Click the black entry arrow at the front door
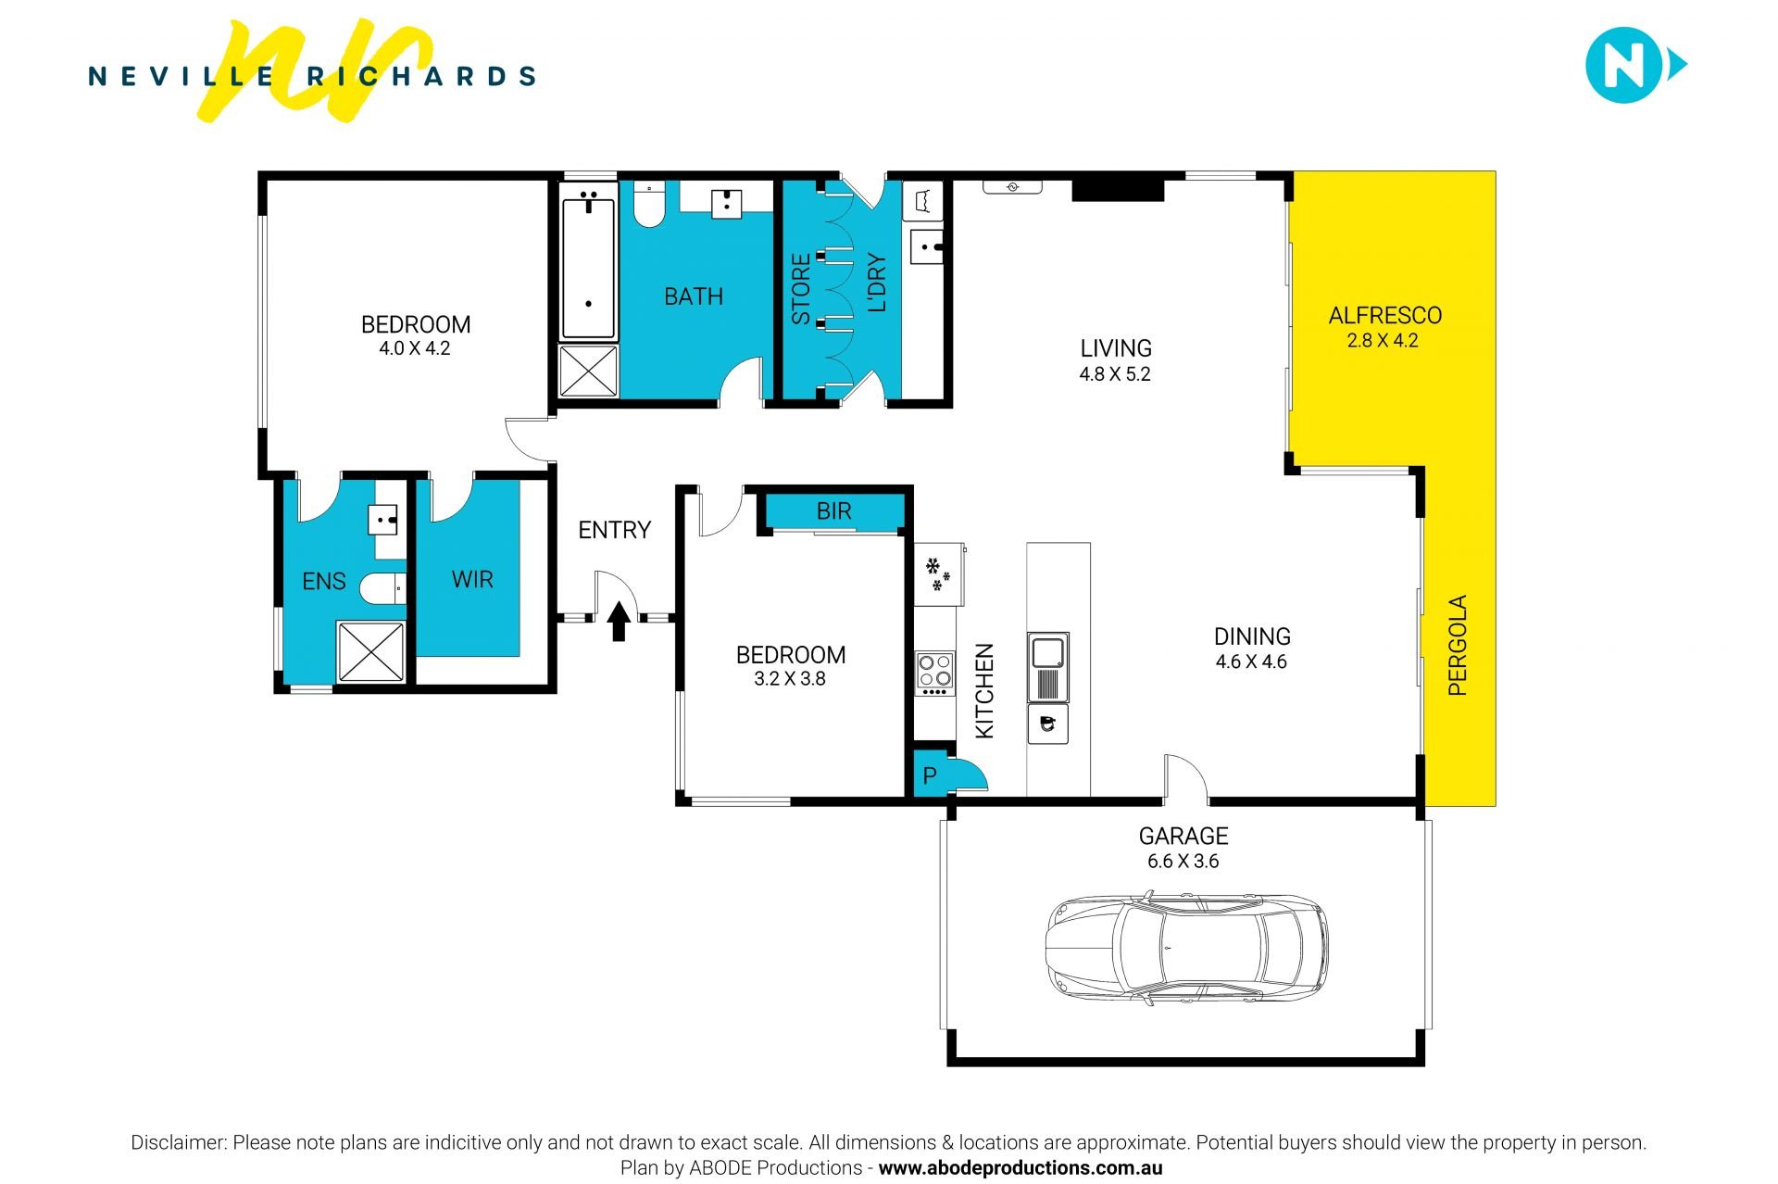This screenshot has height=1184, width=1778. tap(619, 622)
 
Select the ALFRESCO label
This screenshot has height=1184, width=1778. tap(1384, 316)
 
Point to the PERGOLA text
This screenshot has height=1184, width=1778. tap(1458, 645)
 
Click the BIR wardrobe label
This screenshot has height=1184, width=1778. tap(833, 511)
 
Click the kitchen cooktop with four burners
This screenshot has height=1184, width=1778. tap(934, 674)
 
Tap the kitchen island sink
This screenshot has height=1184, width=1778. tap(1048, 666)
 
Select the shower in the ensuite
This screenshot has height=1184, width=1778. tap(370, 652)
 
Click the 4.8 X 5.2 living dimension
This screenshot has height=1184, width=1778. tap(1115, 374)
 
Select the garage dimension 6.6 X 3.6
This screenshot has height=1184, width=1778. tap(1183, 862)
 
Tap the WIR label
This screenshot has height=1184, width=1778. tap(472, 580)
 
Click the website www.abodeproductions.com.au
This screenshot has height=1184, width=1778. tap(1020, 1168)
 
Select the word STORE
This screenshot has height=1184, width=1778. tap(801, 288)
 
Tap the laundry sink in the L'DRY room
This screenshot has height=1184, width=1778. tap(927, 246)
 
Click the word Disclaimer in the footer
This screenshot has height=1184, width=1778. tap(179, 1142)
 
